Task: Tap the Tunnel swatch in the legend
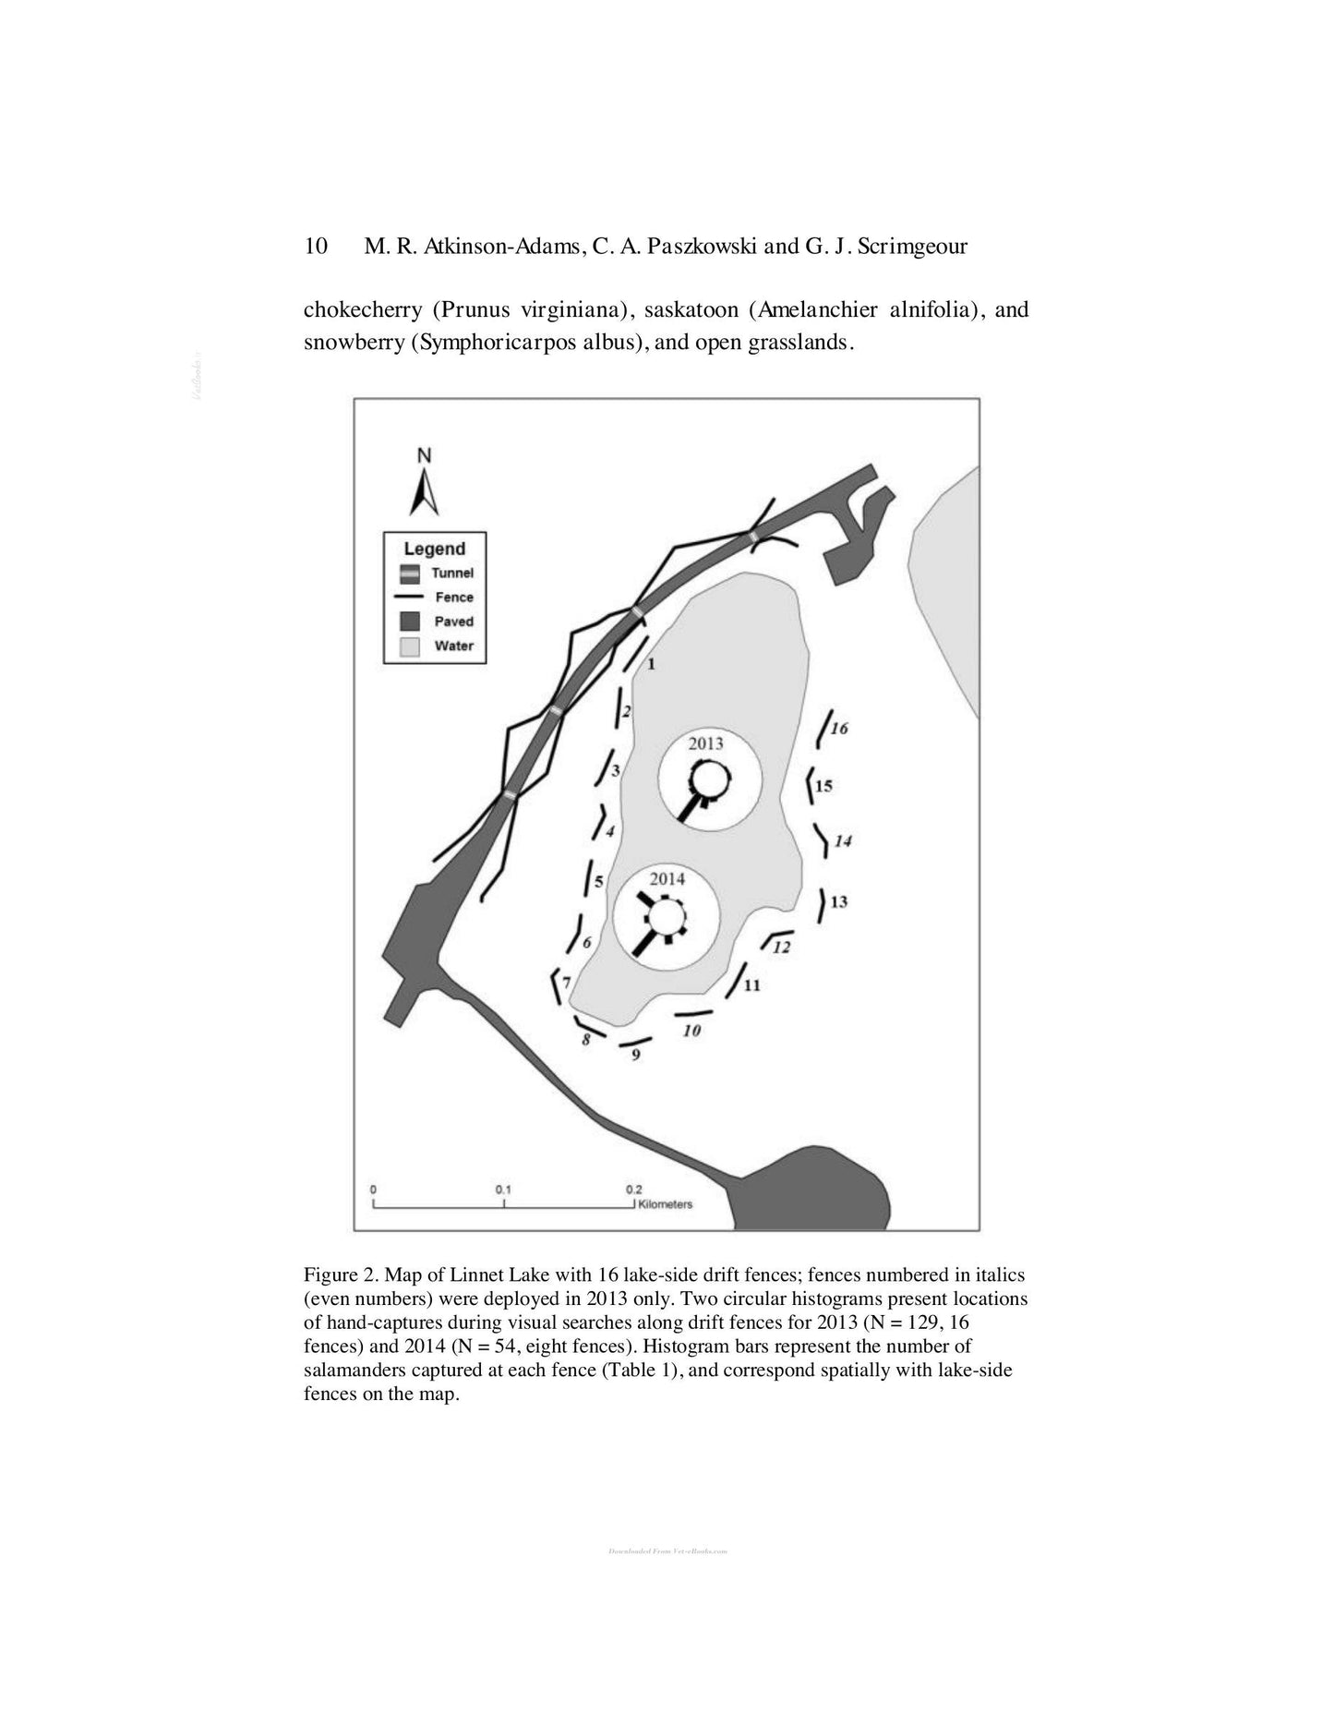(410, 574)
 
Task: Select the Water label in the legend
(453, 646)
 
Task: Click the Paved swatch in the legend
(410, 622)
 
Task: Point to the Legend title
(434, 549)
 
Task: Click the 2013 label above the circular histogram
(706, 743)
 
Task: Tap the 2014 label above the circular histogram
(667, 879)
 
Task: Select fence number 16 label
(839, 729)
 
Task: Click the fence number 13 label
(838, 901)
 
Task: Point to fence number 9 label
(636, 1055)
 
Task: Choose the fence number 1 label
(651, 663)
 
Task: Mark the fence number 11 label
(751, 985)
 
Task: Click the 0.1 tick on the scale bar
(503, 1190)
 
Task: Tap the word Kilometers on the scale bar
(665, 1204)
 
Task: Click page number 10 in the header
(316, 246)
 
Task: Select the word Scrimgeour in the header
(912, 246)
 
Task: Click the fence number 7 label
(566, 983)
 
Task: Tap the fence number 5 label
(598, 882)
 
